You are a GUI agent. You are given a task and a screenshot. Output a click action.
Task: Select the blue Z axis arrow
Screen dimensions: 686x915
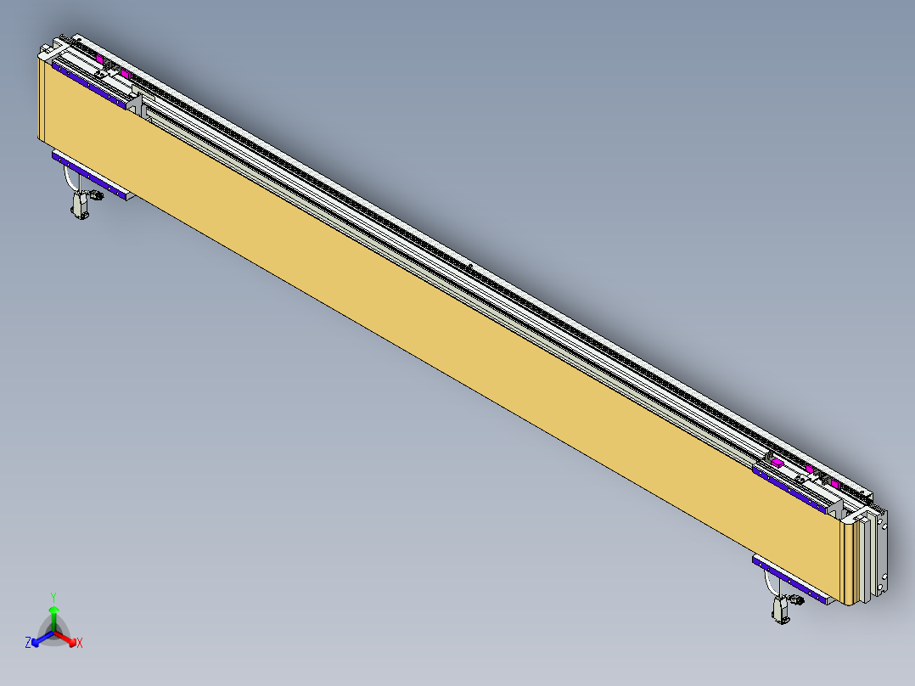tap(38, 639)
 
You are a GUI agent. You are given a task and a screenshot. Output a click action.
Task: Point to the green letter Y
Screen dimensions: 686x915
tap(53, 596)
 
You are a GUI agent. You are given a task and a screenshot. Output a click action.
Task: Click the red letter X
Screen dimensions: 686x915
tap(80, 644)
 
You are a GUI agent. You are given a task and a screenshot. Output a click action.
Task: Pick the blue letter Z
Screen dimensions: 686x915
tap(28, 644)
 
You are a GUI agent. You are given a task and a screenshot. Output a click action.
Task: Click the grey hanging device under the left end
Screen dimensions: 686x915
tap(81, 207)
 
